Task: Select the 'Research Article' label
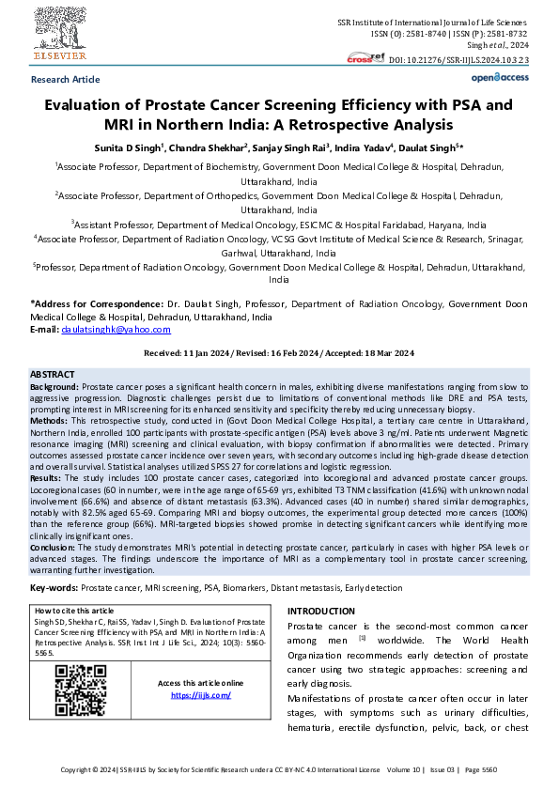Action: click(x=65, y=81)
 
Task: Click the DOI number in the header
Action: click(x=459, y=59)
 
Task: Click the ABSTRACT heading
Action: click(x=53, y=374)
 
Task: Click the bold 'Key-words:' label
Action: click(x=54, y=587)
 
